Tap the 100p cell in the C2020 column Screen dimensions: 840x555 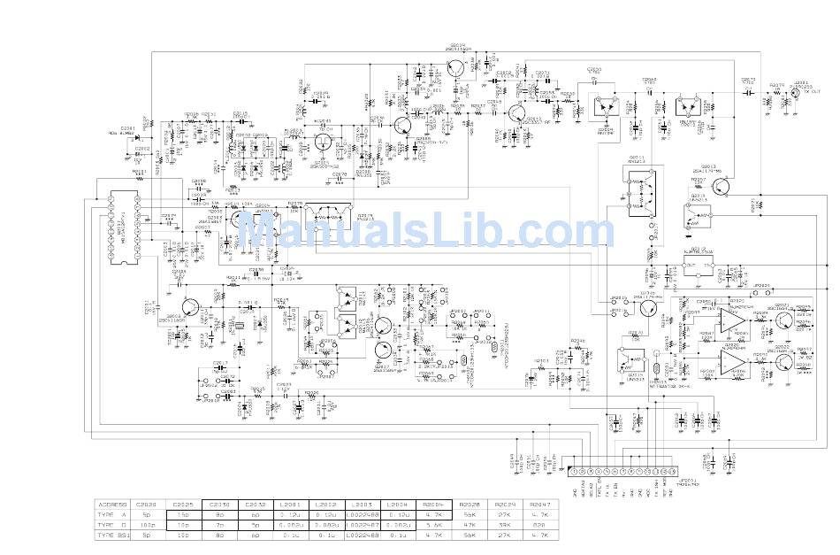pyautogui.click(x=148, y=525)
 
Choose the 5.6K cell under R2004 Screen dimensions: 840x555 pyautogui.click(x=432, y=525)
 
